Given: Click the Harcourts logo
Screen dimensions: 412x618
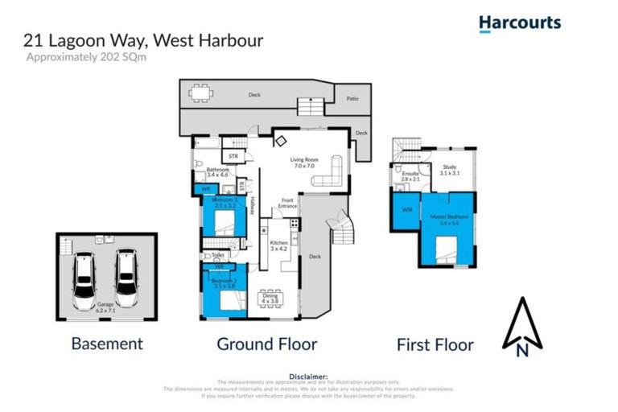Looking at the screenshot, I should coord(519,23).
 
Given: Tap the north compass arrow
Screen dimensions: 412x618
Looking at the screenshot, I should coord(521,326).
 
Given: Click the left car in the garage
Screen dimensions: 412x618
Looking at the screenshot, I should coord(84,274).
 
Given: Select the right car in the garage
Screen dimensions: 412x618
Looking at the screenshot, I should coord(125,272).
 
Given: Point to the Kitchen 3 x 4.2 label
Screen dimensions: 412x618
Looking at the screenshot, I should coord(278,245).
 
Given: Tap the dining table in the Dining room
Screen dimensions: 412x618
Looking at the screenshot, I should coord(270,297).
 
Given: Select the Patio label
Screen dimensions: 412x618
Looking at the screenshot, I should coord(352,100).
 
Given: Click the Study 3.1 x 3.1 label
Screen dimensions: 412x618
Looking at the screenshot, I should coord(449,170).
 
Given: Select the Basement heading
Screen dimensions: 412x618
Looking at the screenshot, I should coord(107,344).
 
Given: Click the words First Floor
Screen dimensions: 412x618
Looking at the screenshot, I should coord(435,345).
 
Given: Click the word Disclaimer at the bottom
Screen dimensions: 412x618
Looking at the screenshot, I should coord(308,376).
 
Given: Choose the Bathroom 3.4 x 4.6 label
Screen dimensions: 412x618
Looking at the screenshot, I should coord(218,172).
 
